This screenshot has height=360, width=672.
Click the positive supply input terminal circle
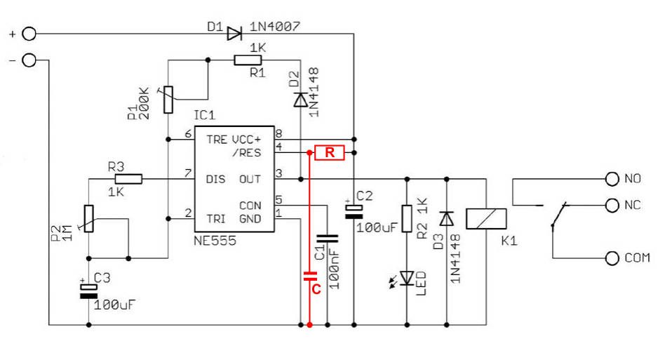click(x=29, y=34)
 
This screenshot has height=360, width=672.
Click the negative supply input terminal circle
click(x=29, y=60)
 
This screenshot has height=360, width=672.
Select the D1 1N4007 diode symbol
click(x=234, y=34)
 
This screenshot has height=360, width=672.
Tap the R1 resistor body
click(x=248, y=60)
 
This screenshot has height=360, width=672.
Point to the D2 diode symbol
click(x=300, y=100)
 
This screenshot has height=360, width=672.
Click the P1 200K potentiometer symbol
click(x=168, y=100)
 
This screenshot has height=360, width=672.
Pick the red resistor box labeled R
click(x=330, y=152)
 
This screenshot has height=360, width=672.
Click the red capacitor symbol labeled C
click(x=310, y=276)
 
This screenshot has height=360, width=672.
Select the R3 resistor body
click(x=128, y=179)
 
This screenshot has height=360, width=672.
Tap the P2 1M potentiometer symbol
click(x=88, y=218)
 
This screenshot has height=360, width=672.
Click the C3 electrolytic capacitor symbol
click(x=88, y=291)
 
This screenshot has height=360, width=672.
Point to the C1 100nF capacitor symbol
click(x=328, y=239)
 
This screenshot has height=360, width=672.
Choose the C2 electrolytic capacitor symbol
click(x=354, y=212)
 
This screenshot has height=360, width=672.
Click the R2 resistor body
click(x=407, y=218)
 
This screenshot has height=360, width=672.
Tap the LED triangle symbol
click(x=407, y=278)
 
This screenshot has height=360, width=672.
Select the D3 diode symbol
click(x=447, y=218)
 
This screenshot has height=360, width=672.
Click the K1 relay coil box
click(x=486, y=218)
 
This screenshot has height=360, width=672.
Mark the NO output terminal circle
click(x=612, y=179)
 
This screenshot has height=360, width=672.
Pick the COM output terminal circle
click(x=612, y=258)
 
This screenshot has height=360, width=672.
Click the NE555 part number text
click(x=215, y=241)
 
